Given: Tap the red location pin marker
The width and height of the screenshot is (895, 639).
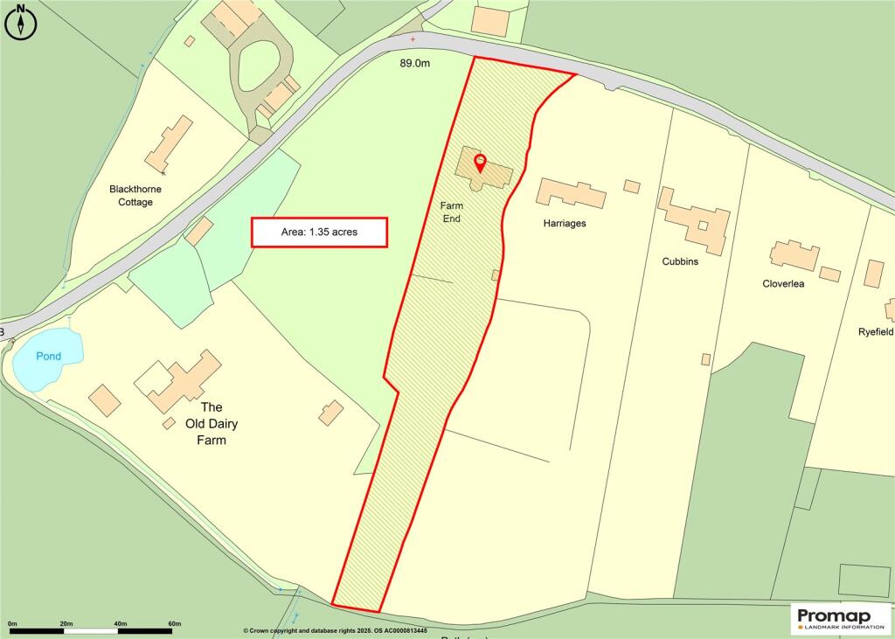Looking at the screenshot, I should (x=480, y=163).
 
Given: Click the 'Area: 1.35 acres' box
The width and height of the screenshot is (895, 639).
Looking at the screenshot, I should (x=319, y=233).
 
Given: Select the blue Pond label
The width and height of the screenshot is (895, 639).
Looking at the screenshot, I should (x=49, y=357).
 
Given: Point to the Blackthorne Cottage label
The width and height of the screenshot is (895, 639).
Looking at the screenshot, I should (x=135, y=195).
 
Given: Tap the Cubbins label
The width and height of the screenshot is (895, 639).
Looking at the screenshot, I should (x=679, y=261).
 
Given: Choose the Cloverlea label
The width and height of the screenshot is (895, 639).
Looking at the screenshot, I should (x=783, y=283).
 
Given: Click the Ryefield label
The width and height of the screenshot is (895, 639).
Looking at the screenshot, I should (x=876, y=332).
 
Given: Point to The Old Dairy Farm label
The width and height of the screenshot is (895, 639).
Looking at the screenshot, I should (x=213, y=423).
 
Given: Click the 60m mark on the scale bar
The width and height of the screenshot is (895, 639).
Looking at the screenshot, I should (x=174, y=623).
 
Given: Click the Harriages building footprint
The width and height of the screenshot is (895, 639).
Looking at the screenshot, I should (x=571, y=193).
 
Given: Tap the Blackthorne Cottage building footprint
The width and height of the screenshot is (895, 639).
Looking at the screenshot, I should (x=170, y=144).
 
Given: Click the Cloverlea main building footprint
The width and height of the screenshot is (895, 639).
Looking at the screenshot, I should (x=794, y=256).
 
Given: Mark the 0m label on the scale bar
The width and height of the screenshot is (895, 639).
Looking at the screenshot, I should (x=11, y=623).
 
